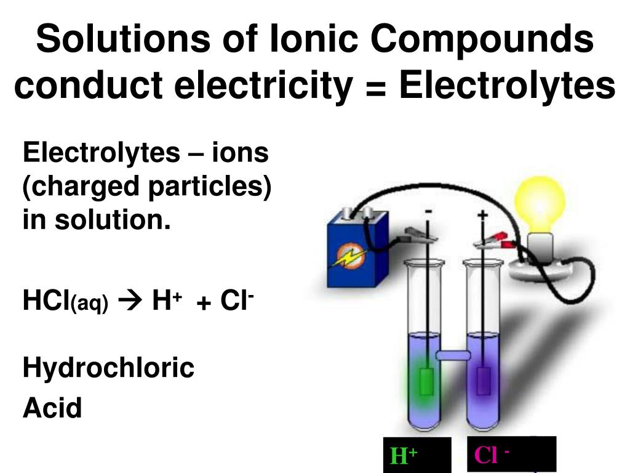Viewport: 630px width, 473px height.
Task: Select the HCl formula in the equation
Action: [x=46, y=302]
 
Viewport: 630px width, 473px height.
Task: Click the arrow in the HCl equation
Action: [x=129, y=302]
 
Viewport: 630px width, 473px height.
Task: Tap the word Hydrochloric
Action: [x=108, y=368]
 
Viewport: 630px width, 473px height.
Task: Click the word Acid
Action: [x=52, y=408]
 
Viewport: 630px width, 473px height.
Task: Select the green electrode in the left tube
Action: [x=425, y=381]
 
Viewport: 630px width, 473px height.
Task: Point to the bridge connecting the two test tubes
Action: [x=453, y=355]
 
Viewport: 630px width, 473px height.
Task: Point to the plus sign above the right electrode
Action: [x=482, y=214]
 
